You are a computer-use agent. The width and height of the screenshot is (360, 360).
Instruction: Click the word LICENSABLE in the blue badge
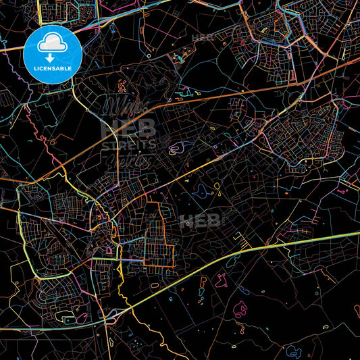(x=53, y=68)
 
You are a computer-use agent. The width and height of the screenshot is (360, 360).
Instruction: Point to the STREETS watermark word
(x=128, y=144)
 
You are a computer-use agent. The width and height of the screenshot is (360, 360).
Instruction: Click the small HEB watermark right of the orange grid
(x=200, y=220)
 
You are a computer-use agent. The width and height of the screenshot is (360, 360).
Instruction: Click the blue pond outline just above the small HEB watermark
(x=201, y=191)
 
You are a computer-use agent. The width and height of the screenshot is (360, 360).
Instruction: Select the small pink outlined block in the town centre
(x=109, y=250)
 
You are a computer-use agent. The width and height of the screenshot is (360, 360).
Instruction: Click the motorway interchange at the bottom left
(x=111, y=314)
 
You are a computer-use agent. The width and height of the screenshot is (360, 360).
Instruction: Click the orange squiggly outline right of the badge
(x=122, y=86)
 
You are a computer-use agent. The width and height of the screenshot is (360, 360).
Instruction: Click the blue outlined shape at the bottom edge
(x=293, y=351)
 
